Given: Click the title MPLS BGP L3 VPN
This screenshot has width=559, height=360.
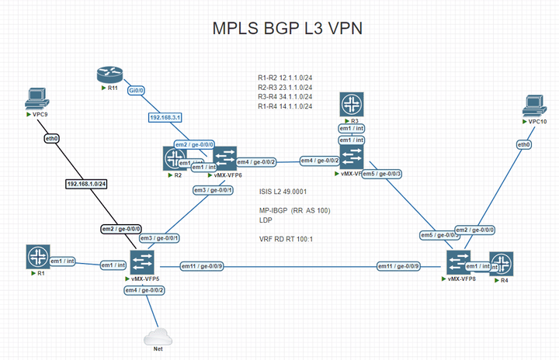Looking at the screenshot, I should tap(287, 29).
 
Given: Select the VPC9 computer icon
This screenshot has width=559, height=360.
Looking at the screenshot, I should tap(35, 99).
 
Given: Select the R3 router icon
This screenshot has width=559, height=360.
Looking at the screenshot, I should tap(352, 105).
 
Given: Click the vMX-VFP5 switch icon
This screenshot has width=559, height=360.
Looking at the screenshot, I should tap(143, 262).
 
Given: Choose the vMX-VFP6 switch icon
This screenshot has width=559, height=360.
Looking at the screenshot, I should tap(226, 159).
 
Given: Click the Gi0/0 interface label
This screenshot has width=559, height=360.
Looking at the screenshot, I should tap(137, 90).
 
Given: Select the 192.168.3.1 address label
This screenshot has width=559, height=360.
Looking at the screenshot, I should tap(165, 118).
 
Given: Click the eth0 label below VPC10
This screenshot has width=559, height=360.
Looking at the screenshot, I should tap(524, 144).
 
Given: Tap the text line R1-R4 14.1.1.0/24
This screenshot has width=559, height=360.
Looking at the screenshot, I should tap(286, 106).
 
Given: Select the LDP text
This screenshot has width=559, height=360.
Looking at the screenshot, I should tap(266, 220).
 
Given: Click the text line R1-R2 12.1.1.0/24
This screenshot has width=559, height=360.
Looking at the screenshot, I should tap(286, 78).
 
